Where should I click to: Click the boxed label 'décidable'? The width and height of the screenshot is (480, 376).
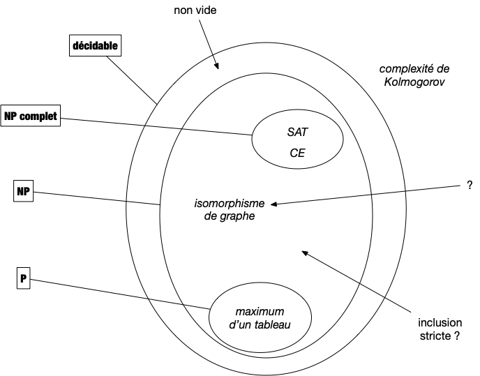[x=95, y=45]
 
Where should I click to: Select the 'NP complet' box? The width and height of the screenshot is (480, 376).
[x=30, y=116]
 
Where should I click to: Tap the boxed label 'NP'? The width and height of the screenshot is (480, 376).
[x=23, y=191]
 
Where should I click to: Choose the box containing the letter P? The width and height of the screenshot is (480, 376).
[x=23, y=278]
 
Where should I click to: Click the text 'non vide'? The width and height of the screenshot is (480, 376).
[x=195, y=10]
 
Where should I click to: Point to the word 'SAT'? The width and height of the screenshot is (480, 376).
[x=297, y=132]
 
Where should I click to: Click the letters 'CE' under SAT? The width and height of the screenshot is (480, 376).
[x=297, y=153]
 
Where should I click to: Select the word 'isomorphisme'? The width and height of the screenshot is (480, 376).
[x=230, y=203]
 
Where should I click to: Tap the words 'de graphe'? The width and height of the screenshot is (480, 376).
[x=230, y=216]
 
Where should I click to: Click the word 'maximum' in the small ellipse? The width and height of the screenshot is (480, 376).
[x=260, y=311]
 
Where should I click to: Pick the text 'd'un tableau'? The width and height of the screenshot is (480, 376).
[x=260, y=324]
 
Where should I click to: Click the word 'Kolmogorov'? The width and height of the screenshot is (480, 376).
[x=414, y=82]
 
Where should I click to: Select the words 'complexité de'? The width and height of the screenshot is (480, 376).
[x=414, y=68]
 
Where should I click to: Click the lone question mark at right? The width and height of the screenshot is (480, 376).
[x=470, y=185]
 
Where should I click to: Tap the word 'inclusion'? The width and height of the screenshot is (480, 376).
[x=440, y=323]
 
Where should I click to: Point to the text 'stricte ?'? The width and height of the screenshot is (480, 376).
[x=440, y=336]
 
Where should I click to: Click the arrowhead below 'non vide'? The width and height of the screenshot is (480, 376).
[x=217, y=66]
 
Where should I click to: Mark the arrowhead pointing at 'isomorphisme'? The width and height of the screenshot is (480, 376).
[x=274, y=204]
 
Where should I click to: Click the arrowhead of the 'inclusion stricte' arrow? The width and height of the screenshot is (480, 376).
[x=305, y=253]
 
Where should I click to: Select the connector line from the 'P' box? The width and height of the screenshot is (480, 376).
[x=120, y=294]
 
